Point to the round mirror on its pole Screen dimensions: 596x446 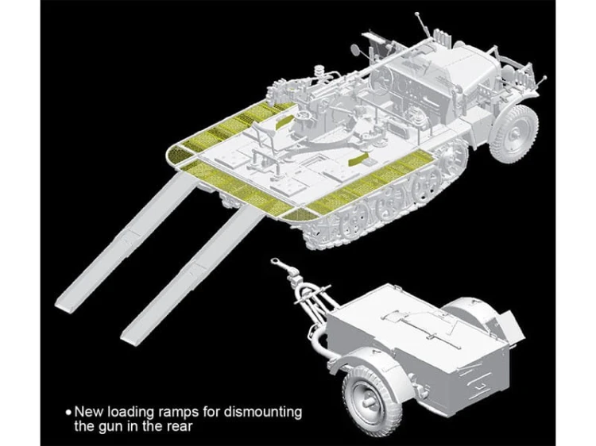pos(356,48)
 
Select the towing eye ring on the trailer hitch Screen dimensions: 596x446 pos(275,262)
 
